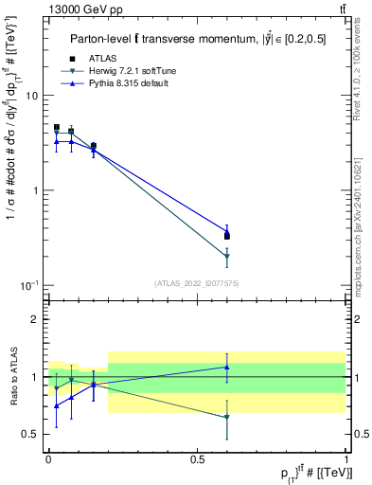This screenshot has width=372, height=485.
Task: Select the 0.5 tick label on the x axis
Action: click(197, 458)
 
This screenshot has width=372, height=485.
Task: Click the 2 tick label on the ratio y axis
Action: click(36, 319)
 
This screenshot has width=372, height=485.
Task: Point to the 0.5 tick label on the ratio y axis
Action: click(31, 434)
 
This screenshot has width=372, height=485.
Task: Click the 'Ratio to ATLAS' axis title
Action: click(11, 376)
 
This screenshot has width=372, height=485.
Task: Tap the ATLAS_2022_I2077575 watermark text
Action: click(196, 283)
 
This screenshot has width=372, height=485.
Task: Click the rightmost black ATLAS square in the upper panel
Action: click(227, 236)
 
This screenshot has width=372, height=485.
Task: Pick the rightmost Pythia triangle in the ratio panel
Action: click(227, 367)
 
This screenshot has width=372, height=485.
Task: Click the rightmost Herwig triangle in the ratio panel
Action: click(227, 418)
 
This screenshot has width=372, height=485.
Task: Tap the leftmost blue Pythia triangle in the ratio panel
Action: click(56, 405)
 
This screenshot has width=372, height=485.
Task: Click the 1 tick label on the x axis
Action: click(346, 458)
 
